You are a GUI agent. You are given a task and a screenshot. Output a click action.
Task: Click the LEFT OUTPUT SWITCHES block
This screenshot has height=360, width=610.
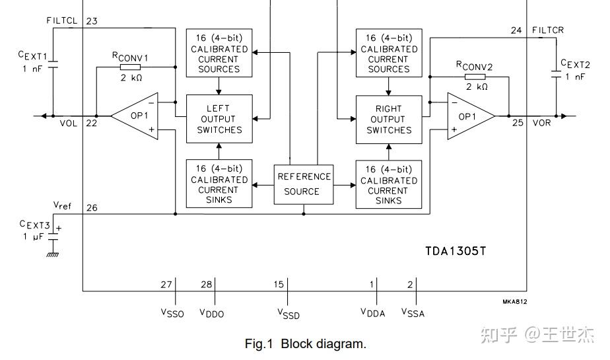pos(219,118)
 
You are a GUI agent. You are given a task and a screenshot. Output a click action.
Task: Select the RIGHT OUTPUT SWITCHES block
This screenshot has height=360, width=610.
pos(388,119)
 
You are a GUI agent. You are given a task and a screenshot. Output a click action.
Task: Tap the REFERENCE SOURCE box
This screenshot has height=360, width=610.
pos(303,184)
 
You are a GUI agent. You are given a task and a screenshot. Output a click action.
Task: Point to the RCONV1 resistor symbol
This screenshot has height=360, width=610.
pos(130,67)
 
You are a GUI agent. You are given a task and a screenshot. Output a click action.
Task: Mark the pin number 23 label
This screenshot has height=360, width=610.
pos(92,21)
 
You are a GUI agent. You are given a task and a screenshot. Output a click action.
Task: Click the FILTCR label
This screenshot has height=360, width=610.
pos(547,30)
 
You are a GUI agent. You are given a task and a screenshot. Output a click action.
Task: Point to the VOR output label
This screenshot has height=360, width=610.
pos(541,123)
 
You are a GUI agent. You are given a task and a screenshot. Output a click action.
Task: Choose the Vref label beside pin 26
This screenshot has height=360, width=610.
pos(62,205)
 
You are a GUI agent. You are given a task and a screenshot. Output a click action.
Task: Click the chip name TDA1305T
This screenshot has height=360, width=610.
pos(456,251)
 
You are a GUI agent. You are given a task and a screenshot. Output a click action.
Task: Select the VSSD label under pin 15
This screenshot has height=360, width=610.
pos(288,313)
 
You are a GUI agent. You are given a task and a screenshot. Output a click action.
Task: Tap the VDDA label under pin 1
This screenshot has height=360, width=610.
pos(373,312)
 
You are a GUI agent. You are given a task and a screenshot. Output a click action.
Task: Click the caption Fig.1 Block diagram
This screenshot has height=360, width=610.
pos(305,343)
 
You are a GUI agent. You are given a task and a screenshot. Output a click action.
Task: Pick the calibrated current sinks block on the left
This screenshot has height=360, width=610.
pos(219,184)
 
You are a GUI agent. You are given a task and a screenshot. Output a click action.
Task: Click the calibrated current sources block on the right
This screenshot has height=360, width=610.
pos(388,53)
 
